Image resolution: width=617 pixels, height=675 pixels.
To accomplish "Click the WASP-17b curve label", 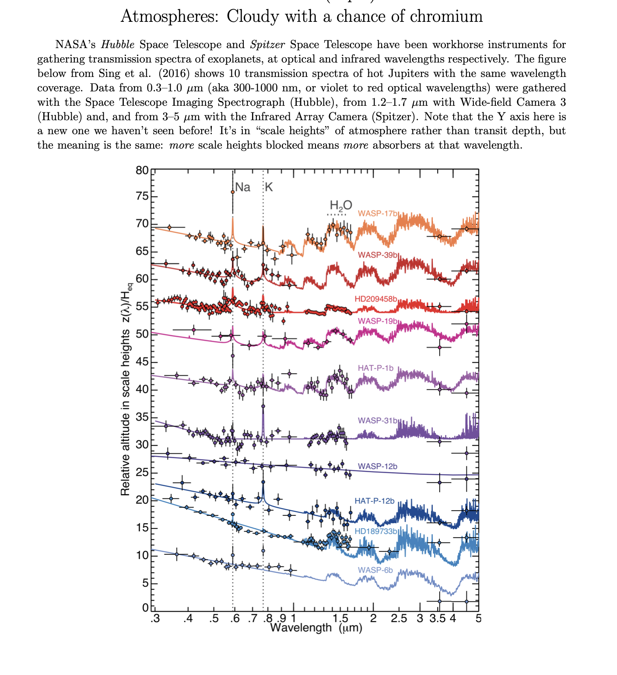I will [x=378, y=213].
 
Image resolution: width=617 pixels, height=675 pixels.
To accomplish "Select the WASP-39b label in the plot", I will [x=378, y=255].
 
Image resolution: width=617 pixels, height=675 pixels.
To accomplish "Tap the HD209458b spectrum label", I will [x=376, y=299].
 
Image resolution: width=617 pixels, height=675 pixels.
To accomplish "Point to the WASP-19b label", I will [x=378, y=321].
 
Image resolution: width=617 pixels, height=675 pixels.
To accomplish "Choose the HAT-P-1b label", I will [x=375, y=368].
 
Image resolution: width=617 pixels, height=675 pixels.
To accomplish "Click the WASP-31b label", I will [x=378, y=421].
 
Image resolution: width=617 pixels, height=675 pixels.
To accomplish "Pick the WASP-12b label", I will [x=378, y=466].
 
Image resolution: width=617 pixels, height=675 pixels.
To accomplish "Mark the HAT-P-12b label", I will [x=375, y=501].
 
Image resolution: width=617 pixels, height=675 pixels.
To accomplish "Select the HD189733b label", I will [x=376, y=531].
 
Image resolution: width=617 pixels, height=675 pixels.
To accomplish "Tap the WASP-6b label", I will [x=375, y=570].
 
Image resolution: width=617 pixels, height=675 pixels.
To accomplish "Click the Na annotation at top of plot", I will [x=243, y=188].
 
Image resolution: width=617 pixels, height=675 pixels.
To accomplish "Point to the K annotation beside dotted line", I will [x=269, y=188].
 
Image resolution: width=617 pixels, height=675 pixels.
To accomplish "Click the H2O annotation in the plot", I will [x=340, y=205].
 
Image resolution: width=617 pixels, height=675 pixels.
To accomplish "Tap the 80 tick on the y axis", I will [x=142, y=170].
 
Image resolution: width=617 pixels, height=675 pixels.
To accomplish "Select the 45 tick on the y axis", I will [x=142, y=362].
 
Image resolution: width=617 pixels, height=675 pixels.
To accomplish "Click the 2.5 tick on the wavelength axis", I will [x=399, y=618].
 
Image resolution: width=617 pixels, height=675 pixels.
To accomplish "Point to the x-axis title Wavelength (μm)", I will [x=316, y=628].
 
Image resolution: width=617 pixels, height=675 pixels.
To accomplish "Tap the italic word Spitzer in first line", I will [x=267, y=45].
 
